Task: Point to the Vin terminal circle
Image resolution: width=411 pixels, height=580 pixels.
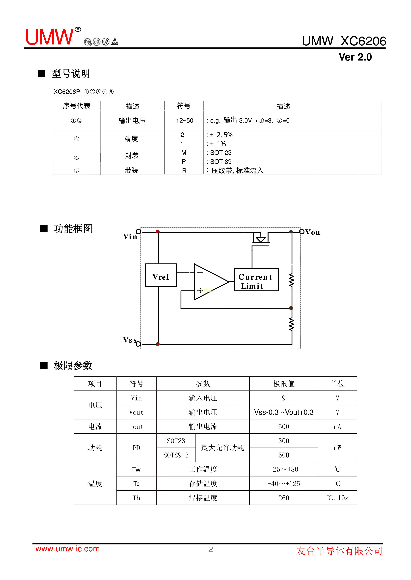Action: (x=138, y=232)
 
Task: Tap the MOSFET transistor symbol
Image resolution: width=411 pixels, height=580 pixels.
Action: (x=261, y=239)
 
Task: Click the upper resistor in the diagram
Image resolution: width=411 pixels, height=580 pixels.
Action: (x=292, y=280)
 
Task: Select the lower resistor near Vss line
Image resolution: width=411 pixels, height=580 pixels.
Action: (x=292, y=324)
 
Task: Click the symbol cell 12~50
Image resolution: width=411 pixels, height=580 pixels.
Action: (x=185, y=121)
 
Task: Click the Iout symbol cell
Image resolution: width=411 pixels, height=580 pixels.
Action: (x=136, y=427)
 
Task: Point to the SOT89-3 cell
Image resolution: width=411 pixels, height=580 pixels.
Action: (x=176, y=455)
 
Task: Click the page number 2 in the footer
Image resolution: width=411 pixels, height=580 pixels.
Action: (x=211, y=549)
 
